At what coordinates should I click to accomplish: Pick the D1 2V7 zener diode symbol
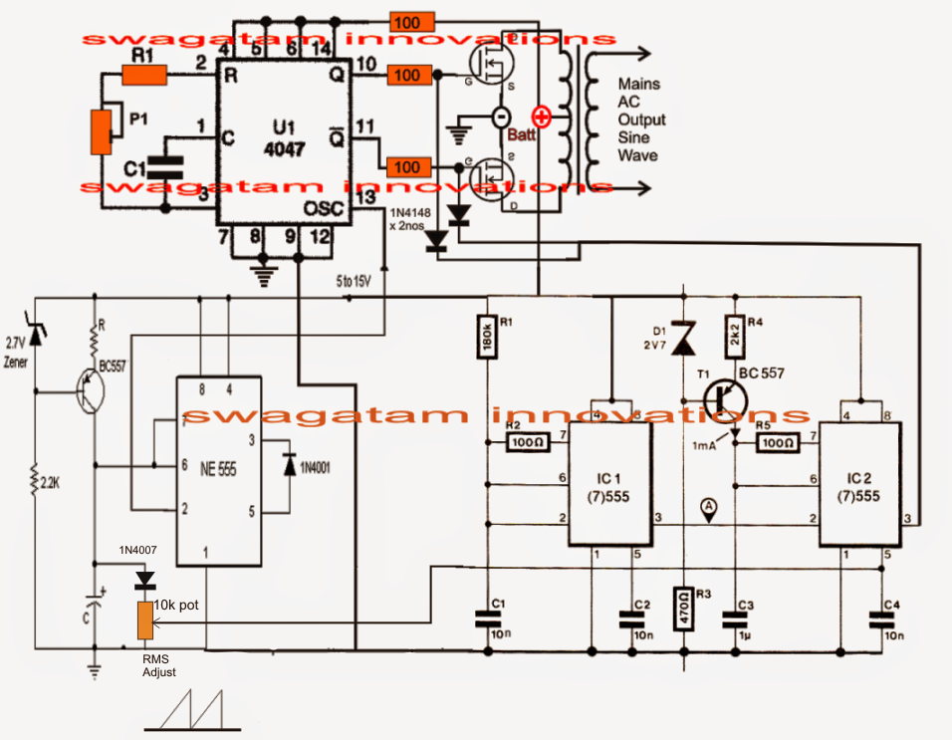[683, 339]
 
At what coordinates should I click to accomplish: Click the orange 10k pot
[145, 619]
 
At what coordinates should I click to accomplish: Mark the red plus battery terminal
[542, 115]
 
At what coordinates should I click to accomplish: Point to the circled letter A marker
[708, 506]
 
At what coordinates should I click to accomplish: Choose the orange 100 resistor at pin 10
[406, 75]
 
